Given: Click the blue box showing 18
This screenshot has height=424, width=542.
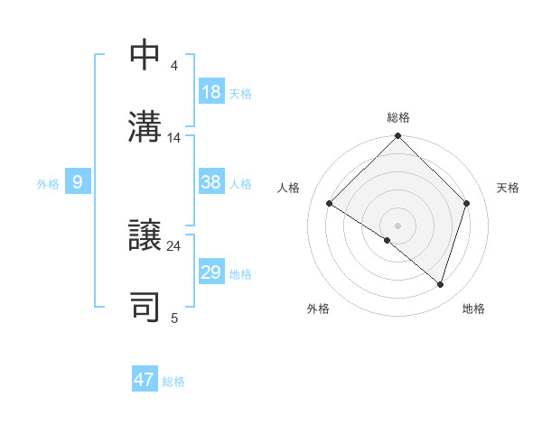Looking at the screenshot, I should (x=211, y=93).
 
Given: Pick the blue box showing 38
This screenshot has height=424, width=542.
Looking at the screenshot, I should (x=211, y=182).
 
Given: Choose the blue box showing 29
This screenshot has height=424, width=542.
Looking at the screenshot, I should (x=211, y=272).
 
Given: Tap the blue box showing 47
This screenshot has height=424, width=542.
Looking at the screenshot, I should (x=145, y=380).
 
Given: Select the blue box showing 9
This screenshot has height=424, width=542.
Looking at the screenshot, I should (x=78, y=182).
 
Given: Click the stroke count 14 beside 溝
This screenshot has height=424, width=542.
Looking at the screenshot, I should (x=174, y=138).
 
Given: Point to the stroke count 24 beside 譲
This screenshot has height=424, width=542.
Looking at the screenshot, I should (x=174, y=245).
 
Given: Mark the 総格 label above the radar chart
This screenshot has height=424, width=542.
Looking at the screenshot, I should (x=398, y=117).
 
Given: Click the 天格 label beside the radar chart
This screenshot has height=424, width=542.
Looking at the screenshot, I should (x=509, y=188).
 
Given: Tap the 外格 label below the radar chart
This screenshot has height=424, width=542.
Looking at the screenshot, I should (x=318, y=309).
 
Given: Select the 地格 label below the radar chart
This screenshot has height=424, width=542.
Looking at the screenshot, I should (x=473, y=309).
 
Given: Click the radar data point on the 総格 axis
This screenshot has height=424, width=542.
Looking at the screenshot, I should (x=398, y=137).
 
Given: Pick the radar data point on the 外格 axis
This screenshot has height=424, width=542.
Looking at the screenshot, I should (x=388, y=241).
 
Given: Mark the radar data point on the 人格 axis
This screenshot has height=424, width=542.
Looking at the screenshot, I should (x=330, y=204).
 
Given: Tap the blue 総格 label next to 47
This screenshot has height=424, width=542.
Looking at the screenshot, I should (x=174, y=382).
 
